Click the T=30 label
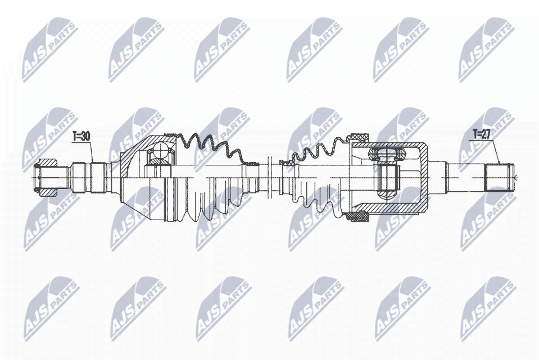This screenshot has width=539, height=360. pyautogui.click(x=82, y=136)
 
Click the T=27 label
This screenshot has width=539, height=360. pyautogui.click(x=482, y=134)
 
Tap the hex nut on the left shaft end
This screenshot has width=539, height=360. pyautogui.click(x=46, y=178)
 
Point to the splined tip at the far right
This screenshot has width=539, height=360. pyautogui.click(x=500, y=177)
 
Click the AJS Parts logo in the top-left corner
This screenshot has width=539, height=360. pyautogui.click(x=49, y=49)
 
